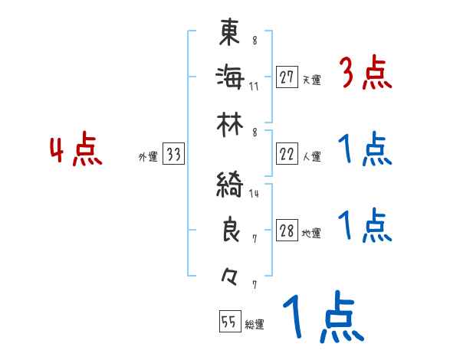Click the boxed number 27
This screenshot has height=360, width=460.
(x=287, y=77)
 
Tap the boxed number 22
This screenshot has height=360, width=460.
(x=287, y=154)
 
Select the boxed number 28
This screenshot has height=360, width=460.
(x=287, y=231)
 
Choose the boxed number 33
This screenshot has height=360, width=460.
(x=173, y=155)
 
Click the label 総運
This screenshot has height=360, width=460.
(x=254, y=325)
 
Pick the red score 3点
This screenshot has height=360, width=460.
(x=365, y=75)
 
